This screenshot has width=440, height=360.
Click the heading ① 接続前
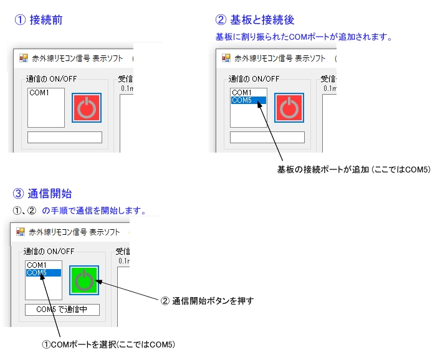38,20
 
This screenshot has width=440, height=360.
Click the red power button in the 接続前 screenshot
87,108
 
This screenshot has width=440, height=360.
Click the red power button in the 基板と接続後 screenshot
289,108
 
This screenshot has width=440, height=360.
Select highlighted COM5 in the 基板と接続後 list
248,100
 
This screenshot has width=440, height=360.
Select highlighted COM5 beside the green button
43,272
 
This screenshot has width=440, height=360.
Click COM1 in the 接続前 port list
39,92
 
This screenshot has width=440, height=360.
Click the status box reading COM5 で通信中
62,309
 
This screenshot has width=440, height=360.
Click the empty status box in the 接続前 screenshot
64,137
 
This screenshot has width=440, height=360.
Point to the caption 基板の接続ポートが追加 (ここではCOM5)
353,169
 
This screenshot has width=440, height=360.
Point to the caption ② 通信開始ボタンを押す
208,300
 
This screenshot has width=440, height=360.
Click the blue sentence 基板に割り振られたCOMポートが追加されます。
304,37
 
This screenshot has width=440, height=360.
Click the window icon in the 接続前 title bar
24,58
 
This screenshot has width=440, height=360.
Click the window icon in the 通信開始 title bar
21,231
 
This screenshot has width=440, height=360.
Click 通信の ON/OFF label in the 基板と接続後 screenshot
254,78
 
